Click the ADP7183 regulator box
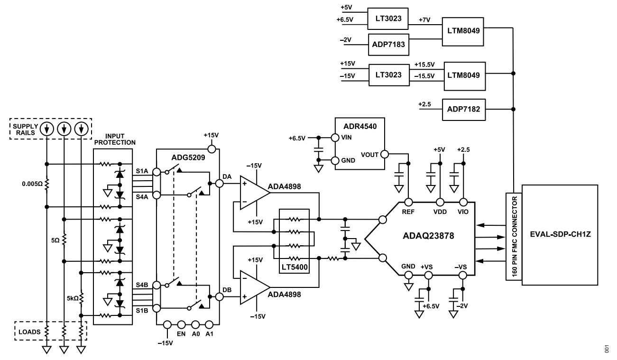pyautogui.click(x=388, y=44)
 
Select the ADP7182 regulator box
pyautogui.click(x=463, y=110)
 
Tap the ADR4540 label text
pyautogui.click(x=360, y=127)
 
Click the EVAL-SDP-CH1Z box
pyautogui.click(x=560, y=235)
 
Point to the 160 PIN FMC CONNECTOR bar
pyautogui.click(x=514, y=237)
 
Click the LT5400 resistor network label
pyautogui.click(x=294, y=267)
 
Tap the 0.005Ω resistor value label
pyautogui.click(x=33, y=184)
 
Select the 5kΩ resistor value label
pyautogui.click(x=73, y=298)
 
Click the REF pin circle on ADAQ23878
pyautogui.click(x=408, y=203)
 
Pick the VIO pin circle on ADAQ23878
pyautogui.click(x=463, y=203)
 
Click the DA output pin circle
pyautogui.click(x=219, y=184)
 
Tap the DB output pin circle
pyautogui.click(x=219, y=296)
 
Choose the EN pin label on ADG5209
pyautogui.click(x=181, y=334)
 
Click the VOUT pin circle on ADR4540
pyautogui.click(x=385, y=154)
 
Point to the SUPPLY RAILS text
pyautogui.click(x=25, y=129)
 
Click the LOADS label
pyautogui.click(x=29, y=332)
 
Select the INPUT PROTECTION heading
pyautogui.click(x=115, y=139)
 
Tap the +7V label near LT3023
pyautogui.click(x=424, y=20)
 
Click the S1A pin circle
pyautogui.click(x=157, y=172)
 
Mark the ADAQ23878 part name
pyautogui.click(x=428, y=236)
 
